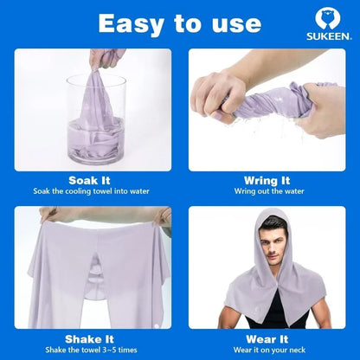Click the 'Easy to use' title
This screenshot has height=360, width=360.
[179, 22]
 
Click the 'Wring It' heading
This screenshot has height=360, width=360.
[266, 180]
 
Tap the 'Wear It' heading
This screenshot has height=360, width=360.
[267, 339]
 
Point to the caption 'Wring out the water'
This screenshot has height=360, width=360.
[267, 191]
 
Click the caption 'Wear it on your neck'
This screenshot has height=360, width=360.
[267, 350]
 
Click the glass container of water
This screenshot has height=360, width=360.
[95, 121]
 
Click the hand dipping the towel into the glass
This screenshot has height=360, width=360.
[106, 59]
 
